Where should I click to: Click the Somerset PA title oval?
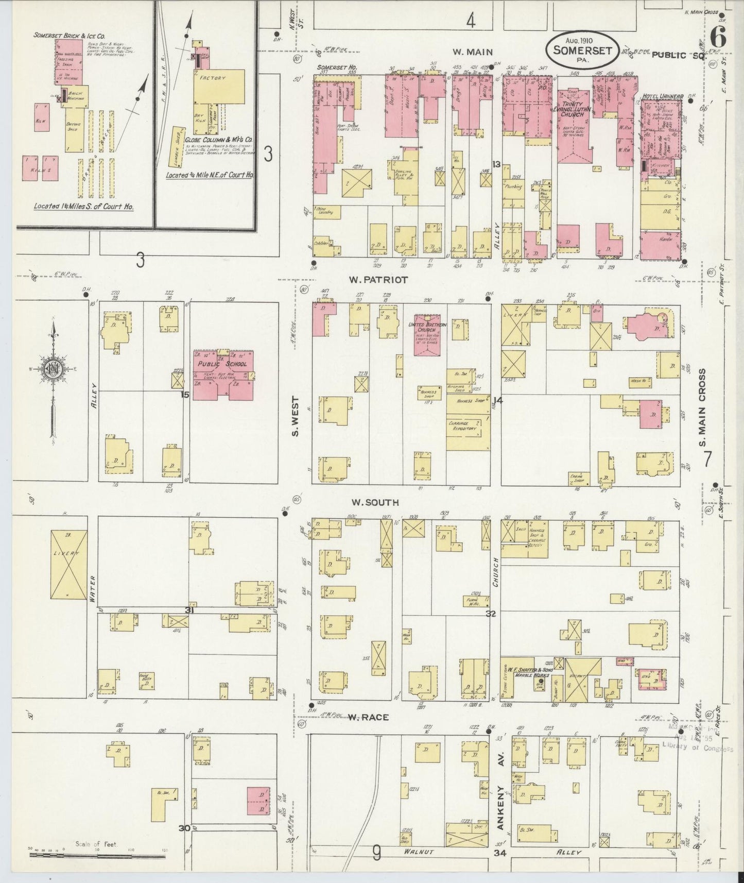[x=582, y=50]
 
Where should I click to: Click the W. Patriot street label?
[x=378, y=280]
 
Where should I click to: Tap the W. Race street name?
[x=367, y=717]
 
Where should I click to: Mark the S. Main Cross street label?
[x=707, y=401]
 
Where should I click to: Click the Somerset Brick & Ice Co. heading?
[x=70, y=36]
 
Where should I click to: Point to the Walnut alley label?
[x=419, y=852]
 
